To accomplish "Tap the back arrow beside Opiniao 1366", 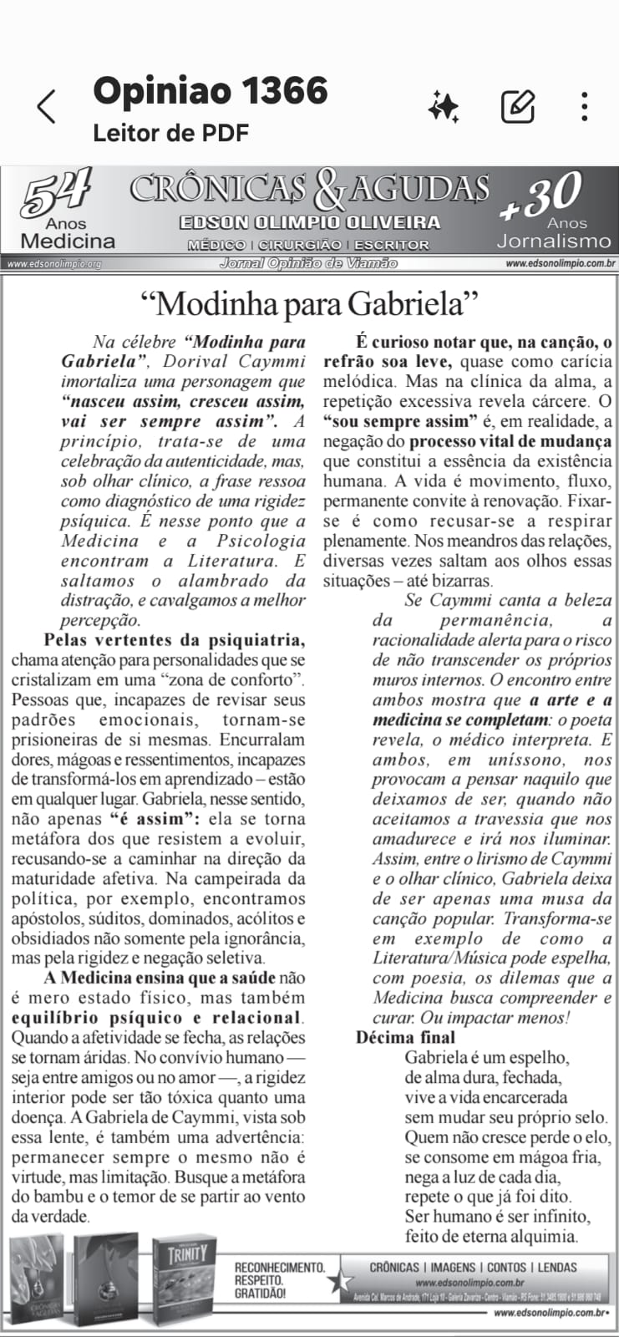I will point(47,107).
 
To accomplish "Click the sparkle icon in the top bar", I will point(443,106).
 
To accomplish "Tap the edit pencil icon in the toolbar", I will point(518,106).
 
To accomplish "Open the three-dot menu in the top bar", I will point(585,106).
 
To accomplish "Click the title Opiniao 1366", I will point(211,90).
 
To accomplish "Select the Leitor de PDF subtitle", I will point(170,133).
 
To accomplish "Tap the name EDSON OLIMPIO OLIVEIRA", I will point(309,223).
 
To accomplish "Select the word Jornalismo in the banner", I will point(554,241).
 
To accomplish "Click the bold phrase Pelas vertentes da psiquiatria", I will point(174,640).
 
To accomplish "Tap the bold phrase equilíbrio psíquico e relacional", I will point(156,1018).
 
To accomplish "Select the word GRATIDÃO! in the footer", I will point(260,1294).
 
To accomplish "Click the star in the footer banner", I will point(340,1280).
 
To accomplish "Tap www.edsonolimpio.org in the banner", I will point(53,264).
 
